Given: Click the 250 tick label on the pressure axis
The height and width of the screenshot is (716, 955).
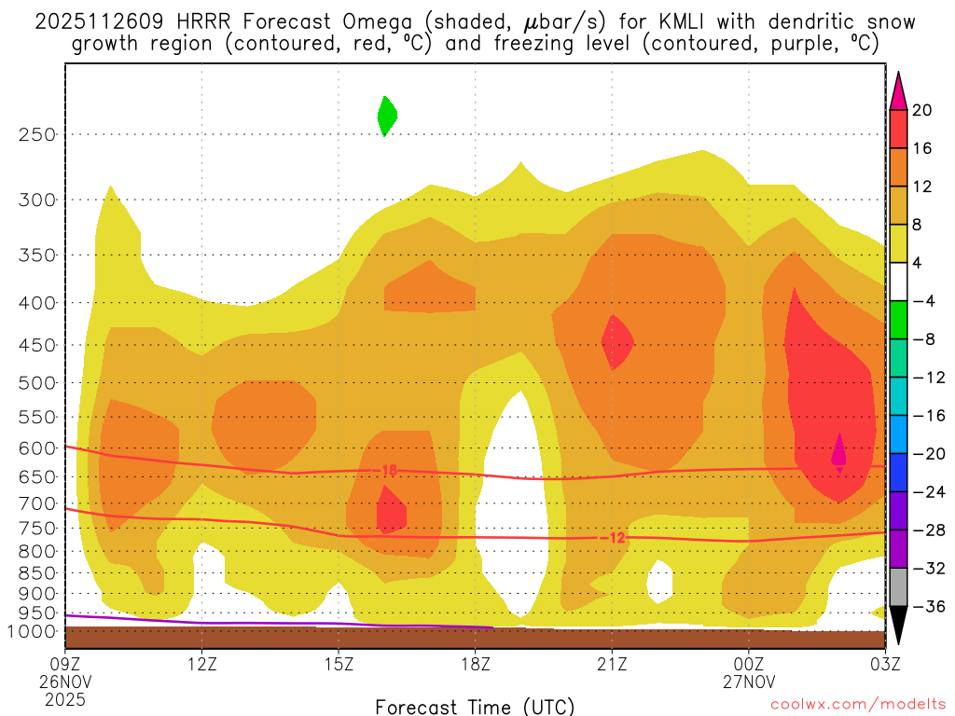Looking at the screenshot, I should (x=37, y=134).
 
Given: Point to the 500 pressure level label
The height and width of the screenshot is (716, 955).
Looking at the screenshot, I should (x=37, y=382).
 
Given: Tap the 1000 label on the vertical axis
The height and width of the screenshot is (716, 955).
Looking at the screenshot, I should (x=33, y=631).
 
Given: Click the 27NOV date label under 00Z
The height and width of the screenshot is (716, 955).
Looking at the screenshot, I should (x=750, y=681).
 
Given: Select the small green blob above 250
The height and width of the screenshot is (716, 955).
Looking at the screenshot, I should (x=386, y=116).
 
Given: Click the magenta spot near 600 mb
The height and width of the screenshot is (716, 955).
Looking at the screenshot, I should (x=838, y=452).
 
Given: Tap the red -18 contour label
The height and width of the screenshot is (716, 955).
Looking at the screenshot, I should (x=387, y=471).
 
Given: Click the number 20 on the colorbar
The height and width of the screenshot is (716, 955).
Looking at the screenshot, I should (x=922, y=110).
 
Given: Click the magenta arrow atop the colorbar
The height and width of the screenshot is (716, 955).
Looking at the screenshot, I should (x=897, y=90).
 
